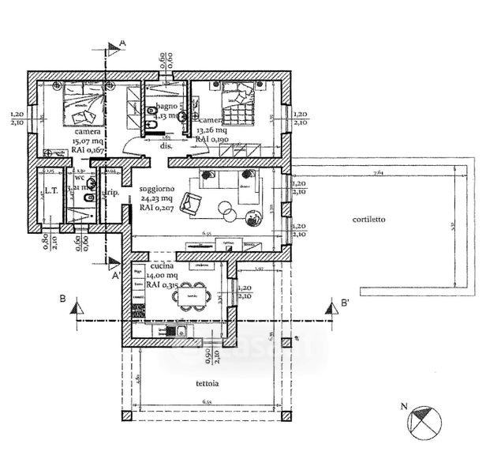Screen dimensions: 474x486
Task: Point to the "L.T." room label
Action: coord(50,190)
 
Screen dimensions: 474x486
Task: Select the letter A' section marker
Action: coord(116,276)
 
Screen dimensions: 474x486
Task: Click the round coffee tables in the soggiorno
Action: coord(227,211)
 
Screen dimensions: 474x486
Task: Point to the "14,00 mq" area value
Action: coord(150,276)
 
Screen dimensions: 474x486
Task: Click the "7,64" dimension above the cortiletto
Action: coord(379,171)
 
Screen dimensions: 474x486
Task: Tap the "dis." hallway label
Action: coord(166,146)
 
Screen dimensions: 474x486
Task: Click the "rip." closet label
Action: coord(112,193)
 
